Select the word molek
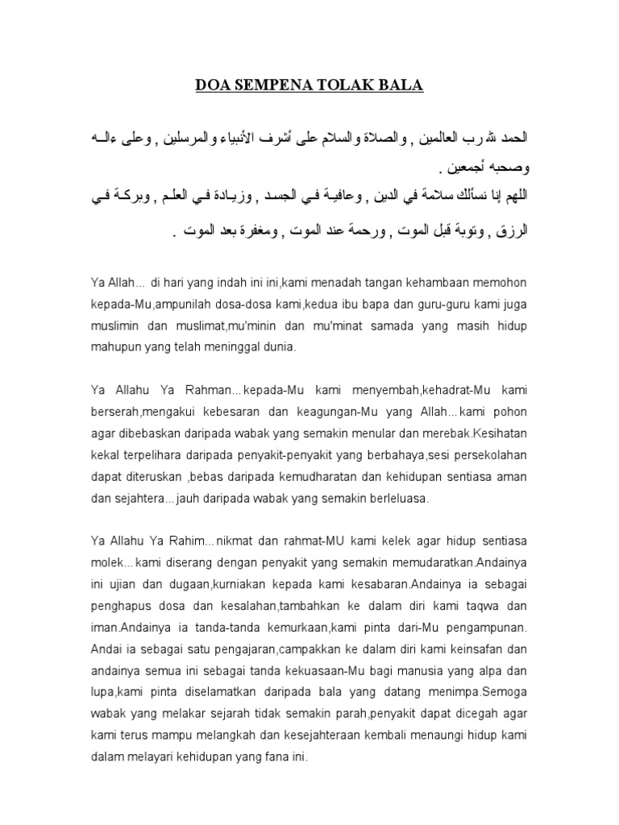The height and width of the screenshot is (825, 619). (109, 561)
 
